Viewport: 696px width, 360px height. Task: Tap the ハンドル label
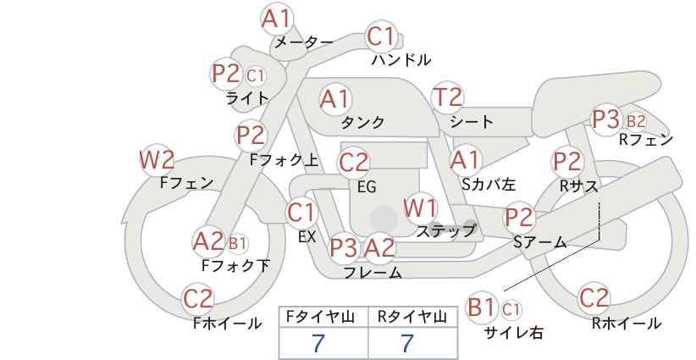click(401, 60)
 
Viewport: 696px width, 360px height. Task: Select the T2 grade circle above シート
click(448, 97)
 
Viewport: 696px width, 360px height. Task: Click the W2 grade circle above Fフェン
click(157, 159)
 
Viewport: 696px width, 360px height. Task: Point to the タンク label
click(362, 123)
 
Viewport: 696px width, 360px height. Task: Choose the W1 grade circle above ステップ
click(420, 208)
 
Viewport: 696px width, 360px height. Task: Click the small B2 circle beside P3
click(635, 120)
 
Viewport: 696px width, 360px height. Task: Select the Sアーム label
click(539, 241)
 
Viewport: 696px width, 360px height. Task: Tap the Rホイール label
click(627, 323)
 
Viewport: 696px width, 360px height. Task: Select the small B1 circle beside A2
click(238, 244)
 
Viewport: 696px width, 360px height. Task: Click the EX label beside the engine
click(307, 237)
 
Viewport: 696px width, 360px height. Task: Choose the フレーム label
click(373, 273)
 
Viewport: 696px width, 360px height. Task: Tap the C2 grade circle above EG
click(354, 162)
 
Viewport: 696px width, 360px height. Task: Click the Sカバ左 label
click(489, 181)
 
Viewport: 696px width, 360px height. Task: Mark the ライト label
click(247, 98)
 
